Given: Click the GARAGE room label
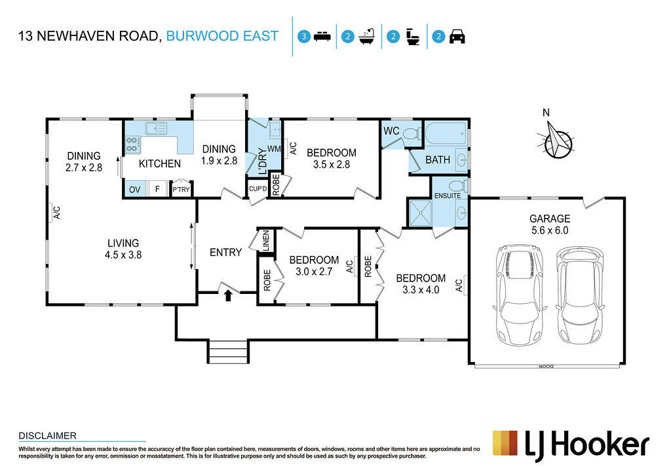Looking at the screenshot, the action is point(550,219).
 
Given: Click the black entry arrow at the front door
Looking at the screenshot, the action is point(228,295).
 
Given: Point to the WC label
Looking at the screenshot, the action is point(391,131).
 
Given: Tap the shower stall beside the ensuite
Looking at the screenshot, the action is point(420,212).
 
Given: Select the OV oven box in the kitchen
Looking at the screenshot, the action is point(135,189).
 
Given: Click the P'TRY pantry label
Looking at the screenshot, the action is point(181,189).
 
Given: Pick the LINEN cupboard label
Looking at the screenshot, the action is point(265,241).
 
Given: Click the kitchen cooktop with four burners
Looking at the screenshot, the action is point(132,144).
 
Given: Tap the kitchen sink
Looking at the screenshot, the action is point(156,128).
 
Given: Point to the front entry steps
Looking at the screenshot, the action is point(228,351).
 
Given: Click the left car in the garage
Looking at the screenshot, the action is point(520,294).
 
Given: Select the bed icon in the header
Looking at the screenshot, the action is point(322,36).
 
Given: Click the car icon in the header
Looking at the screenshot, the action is point(457,36).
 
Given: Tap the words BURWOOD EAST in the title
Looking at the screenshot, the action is point(222,36).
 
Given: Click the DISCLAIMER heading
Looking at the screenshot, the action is point(47,435).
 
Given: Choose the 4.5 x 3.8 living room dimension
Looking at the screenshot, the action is point(123,255).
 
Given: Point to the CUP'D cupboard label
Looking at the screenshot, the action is point(258,189).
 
